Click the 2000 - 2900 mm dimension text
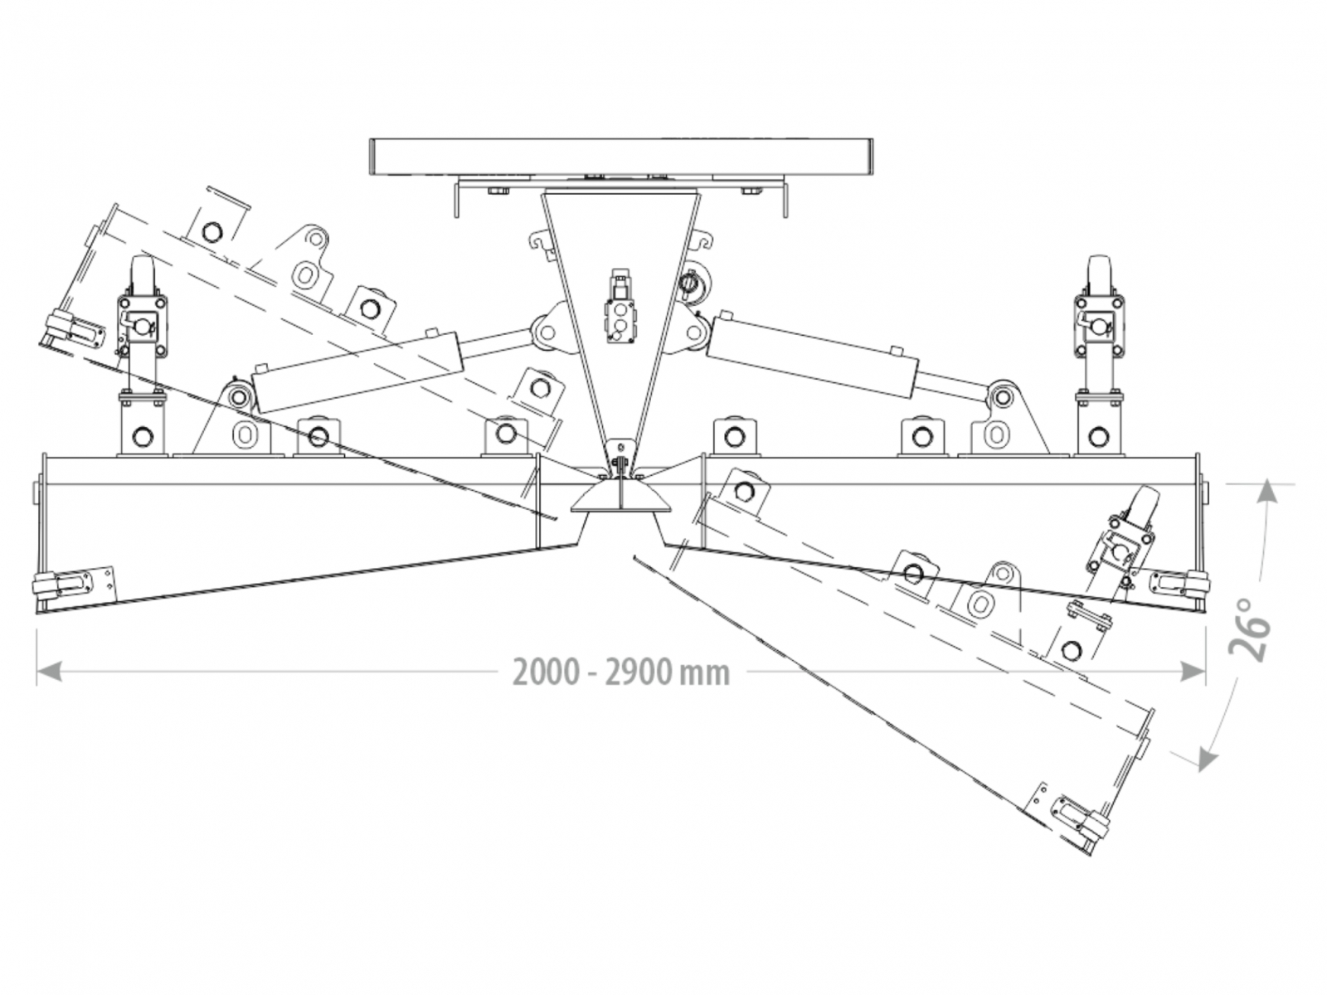621,671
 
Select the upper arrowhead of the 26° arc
1266,494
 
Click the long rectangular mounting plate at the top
621,157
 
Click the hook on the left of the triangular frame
539,245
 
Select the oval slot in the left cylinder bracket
245,434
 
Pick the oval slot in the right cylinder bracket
994,433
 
